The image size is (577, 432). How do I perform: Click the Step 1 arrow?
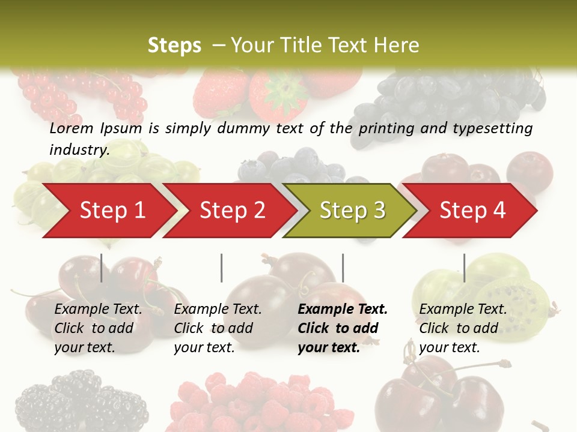108,210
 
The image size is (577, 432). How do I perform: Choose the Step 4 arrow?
472,210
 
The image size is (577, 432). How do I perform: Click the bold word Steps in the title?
174,45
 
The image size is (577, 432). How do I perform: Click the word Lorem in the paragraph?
72,128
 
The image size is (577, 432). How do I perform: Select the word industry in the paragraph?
79,149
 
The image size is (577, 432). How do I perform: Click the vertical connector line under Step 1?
102,268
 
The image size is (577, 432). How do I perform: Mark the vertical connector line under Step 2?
222,268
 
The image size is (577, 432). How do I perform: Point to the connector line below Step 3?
343,268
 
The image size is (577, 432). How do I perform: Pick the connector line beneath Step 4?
464,268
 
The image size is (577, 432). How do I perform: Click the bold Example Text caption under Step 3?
343,328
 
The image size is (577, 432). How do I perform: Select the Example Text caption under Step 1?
98,328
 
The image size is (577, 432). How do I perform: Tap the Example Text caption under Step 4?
463,328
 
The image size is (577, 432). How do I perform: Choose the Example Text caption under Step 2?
218,328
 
